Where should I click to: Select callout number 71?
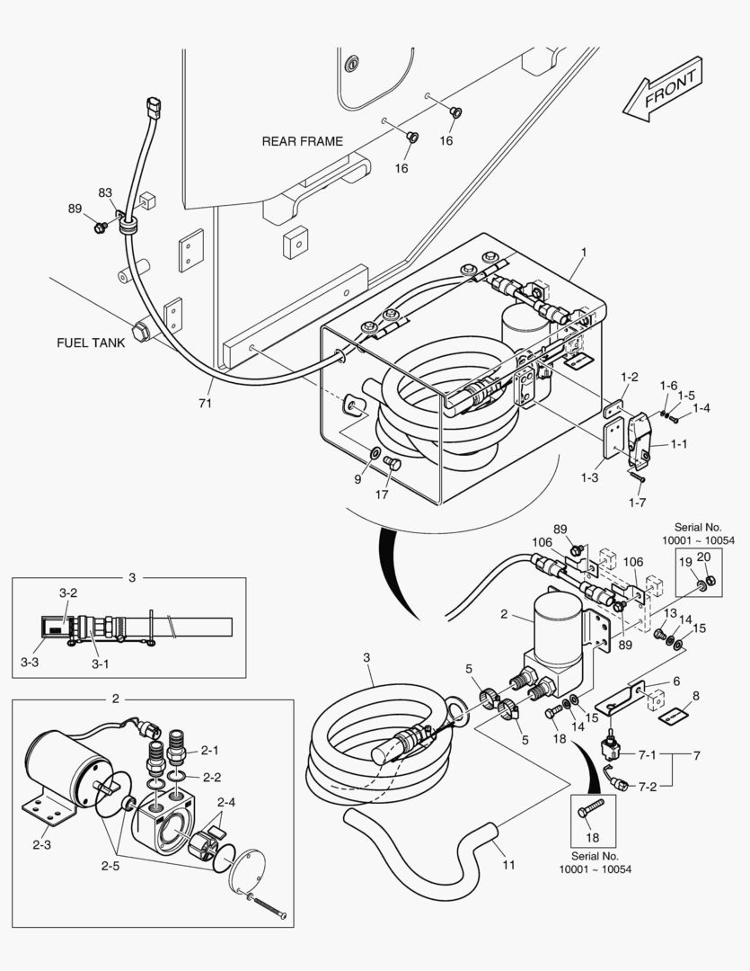coord(205,404)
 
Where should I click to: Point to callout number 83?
coord(106,193)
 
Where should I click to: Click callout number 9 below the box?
coord(357,480)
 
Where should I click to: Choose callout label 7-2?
coord(647,786)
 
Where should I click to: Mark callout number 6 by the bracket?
coord(675,681)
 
